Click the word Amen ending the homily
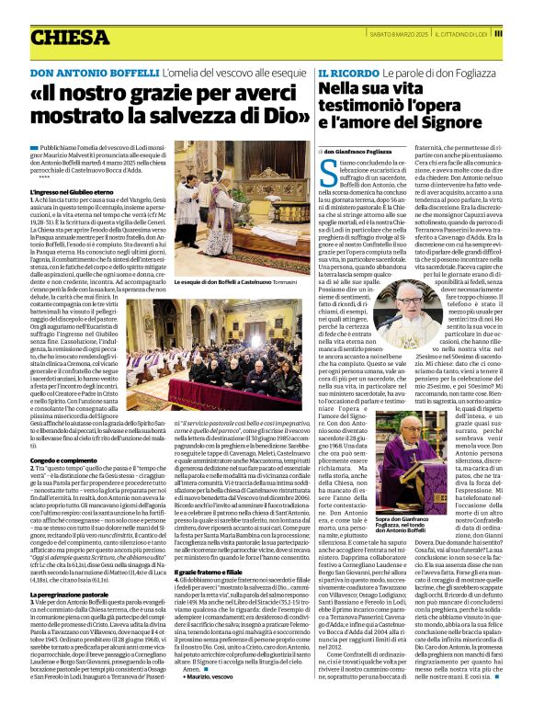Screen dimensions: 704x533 pyautogui.click(x=189, y=669)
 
